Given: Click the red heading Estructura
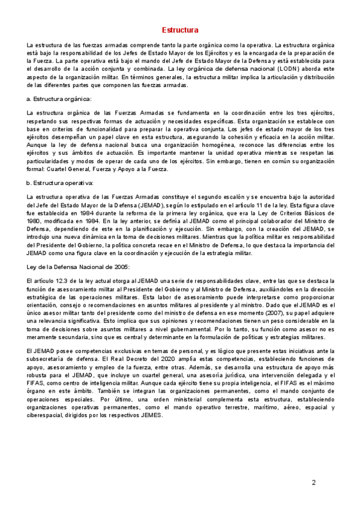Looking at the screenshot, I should pyautogui.click(x=180, y=30).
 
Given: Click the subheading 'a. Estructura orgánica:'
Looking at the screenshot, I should pyautogui.click(x=59, y=98).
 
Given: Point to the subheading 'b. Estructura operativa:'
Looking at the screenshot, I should pyautogui.click(x=60, y=183).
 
